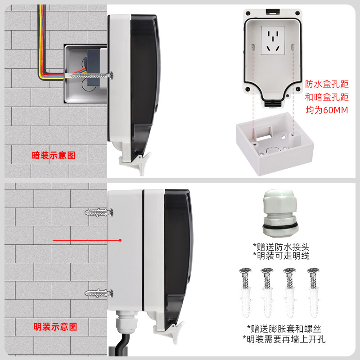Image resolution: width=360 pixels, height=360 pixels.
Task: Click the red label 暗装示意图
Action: (x=54, y=155)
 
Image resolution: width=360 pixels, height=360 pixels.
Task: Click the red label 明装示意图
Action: (x=55, y=327)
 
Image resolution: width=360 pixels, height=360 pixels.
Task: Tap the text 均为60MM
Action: (x=327, y=110)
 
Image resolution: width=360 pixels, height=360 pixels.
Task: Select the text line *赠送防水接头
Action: (x=281, y=247)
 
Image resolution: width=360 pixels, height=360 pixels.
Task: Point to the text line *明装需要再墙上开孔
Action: (x=284, y=339)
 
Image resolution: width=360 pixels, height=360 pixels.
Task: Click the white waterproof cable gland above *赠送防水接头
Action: (x=279, y=212)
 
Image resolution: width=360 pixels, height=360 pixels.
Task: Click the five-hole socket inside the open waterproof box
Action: (x=273, y=40)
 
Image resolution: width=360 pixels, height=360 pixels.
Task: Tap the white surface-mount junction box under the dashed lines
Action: (x=275, y=144)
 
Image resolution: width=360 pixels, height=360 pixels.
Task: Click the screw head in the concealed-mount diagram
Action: (x=111, y=75)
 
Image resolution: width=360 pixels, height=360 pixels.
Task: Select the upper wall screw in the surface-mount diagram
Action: (x=99, y=212)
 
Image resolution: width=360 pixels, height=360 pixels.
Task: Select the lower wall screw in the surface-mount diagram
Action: (x=99, y=293)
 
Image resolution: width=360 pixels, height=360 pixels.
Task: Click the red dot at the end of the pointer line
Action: (x=120, y=240)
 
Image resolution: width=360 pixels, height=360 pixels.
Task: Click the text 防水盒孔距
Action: (x=327, y=84)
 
